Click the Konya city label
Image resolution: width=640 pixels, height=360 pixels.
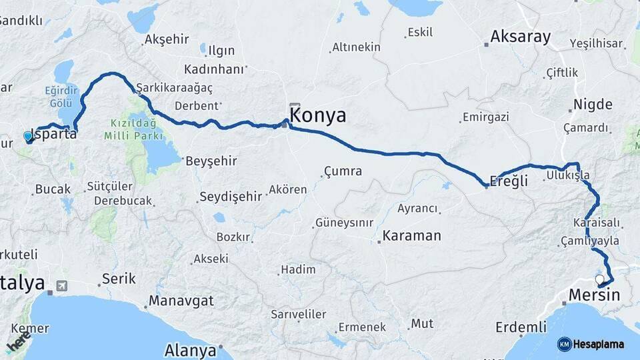point(319,116)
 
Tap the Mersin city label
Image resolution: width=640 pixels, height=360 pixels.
point(594,295)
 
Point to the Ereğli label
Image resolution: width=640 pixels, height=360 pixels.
point(509,181)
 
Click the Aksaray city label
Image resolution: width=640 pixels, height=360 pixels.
point(521,37)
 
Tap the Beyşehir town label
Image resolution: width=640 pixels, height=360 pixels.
point(211,161)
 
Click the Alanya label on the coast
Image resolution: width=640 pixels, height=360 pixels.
point(191,350)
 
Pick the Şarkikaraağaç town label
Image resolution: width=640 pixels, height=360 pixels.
point(174,88)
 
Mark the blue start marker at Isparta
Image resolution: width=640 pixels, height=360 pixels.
point(28,137)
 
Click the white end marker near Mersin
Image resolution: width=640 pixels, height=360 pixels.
point(599,279)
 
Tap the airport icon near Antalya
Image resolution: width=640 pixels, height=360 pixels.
point(62,285)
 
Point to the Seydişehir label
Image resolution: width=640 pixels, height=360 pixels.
point(231,197)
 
